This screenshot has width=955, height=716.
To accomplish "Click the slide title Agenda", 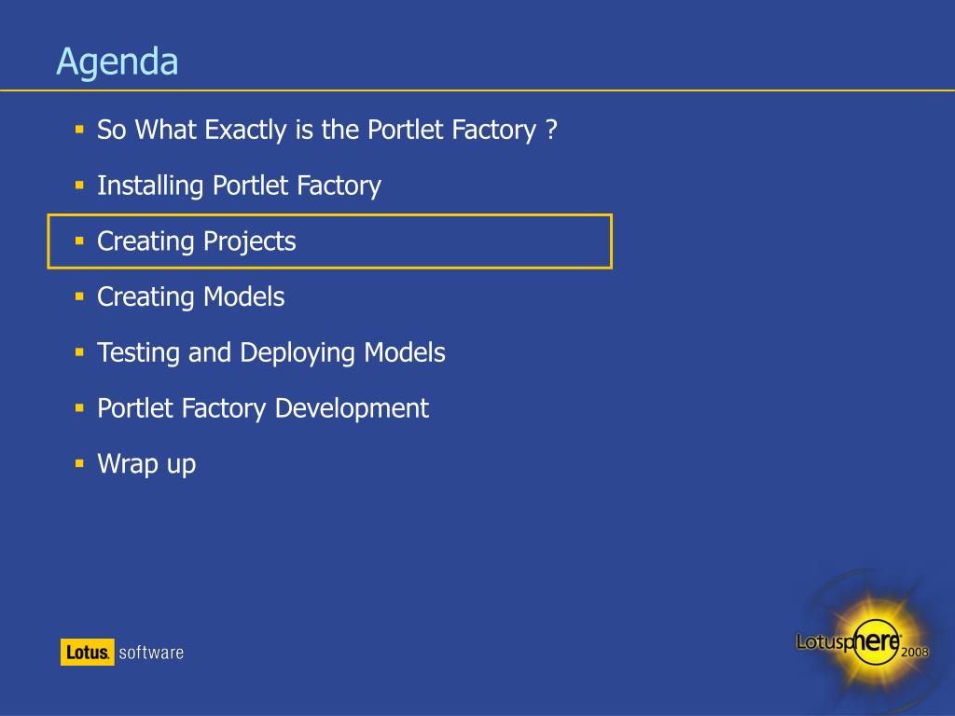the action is coord(117,62).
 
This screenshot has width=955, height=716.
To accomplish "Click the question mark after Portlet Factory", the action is coord(550,129).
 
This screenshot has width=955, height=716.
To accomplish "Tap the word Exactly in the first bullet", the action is coord(245,131).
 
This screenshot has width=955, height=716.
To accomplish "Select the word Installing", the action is coord(150,186).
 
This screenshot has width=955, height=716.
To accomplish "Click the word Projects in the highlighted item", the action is coord(250,242).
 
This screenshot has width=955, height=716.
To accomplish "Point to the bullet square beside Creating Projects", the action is coord(79,241).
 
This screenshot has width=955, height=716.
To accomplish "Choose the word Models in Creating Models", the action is coord(243,297).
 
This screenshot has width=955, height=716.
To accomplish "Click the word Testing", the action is coord(138,353).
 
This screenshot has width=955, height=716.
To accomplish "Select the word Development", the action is coord(352,409).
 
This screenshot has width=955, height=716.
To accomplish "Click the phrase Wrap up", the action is coord(146,464).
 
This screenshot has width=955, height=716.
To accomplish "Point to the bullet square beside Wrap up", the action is coord(79,463).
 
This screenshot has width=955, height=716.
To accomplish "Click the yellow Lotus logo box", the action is coord(87,652).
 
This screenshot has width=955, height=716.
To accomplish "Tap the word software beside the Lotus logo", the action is coord(151,653).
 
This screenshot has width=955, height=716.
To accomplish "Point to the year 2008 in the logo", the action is coord(915,652).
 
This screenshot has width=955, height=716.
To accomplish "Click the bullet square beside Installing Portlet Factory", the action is coord(79,185).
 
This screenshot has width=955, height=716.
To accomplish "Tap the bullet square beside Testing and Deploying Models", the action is coord(79,351).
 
